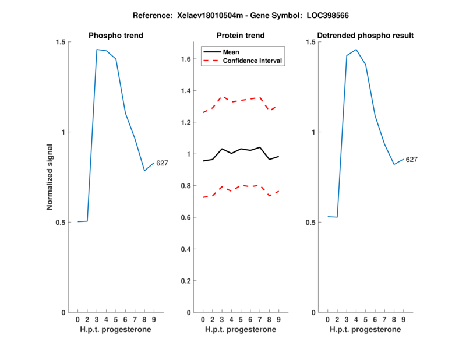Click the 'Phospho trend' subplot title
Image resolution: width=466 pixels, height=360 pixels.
coord(116,36)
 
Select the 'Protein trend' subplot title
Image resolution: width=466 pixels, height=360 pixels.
coord(241,36)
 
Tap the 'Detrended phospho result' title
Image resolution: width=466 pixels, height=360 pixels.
coord(365,36)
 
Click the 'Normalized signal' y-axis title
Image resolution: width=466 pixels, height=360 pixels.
coord(50,177)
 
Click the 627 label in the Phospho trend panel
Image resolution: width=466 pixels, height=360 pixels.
coord(162,163)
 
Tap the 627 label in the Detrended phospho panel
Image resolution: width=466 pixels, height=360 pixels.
coord(412,159)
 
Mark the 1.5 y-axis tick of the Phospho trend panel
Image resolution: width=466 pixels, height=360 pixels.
coord(61,42)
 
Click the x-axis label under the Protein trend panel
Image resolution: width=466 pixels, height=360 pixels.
coord(241,329)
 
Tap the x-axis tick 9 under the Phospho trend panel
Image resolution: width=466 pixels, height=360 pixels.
coord(154,319)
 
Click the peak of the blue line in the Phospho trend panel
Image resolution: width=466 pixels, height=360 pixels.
coord(97,50)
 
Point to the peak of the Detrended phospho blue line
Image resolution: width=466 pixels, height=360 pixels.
coord(356,50)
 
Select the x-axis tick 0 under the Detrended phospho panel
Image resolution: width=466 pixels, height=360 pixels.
coord(327,319)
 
